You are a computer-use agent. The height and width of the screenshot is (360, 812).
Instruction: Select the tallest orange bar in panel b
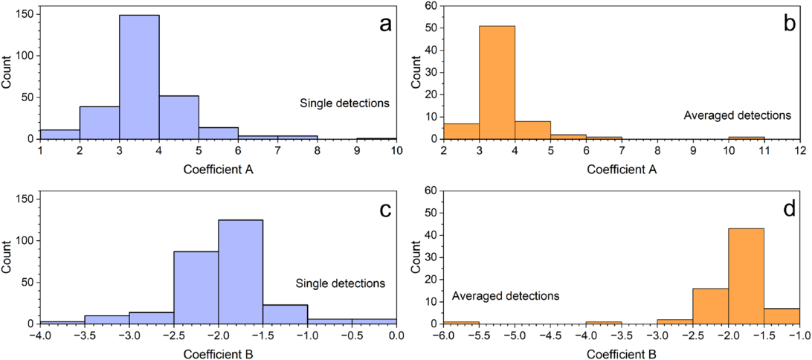pos(497,82)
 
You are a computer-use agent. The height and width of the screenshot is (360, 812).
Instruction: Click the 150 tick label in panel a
pos(24,14)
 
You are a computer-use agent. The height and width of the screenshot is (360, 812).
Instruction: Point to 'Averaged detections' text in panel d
pos(506,296)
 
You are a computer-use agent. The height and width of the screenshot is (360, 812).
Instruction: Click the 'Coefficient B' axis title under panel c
pos(218,352)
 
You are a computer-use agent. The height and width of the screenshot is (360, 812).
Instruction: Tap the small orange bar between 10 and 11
pos(746,138)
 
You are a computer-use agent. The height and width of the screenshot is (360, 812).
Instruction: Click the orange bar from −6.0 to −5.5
pos(460,322)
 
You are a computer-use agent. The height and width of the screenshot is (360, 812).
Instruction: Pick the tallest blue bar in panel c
pos(240,271)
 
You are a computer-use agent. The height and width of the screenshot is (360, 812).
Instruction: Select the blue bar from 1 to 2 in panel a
pos(59,135)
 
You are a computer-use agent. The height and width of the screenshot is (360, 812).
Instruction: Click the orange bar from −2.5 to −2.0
pos(710,306)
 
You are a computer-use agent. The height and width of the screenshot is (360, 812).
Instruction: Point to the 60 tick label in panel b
pos(430,6)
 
